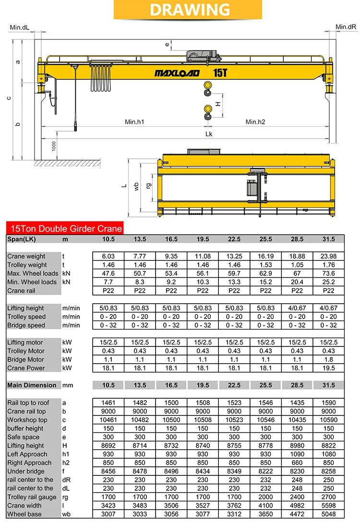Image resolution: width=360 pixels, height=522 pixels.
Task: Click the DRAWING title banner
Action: point(180,10)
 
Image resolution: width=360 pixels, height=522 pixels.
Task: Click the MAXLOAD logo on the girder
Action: point(176,73)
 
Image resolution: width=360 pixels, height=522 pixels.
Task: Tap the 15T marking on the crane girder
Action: point(220,73)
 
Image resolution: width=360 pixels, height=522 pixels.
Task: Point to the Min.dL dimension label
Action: point(19,27)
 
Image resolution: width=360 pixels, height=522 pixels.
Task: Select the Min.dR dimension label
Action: point(346,27)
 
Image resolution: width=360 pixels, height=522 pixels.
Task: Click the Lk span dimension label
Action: point(209,134)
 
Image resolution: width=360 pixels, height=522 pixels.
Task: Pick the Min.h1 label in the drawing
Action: point(134,122)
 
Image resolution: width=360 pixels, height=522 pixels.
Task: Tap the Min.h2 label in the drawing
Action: point(255,122)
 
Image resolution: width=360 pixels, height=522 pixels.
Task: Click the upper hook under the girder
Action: point(208,88)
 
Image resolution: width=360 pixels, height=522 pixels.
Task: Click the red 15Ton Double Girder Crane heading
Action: point(65,229)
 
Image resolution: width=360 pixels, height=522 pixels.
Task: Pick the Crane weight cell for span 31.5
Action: point(328,256)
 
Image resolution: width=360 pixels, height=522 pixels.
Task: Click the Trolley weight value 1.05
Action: point(297,265)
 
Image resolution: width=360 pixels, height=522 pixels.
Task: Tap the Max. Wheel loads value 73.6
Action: point(328,273)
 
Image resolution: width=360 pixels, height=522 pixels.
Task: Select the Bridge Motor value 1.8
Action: point(328,359)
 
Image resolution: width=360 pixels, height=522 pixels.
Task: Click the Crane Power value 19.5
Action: point(328,368)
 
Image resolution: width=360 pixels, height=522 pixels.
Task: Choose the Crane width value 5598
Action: point(328,505)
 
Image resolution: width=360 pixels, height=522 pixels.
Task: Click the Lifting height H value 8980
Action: point(297,445)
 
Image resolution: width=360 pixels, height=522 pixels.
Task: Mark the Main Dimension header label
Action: point(32,385)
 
